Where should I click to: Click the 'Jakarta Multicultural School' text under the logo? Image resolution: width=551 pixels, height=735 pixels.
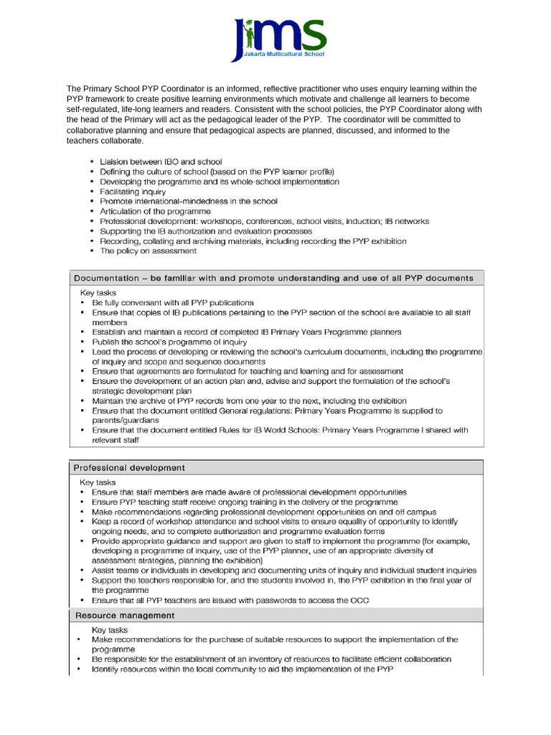283,54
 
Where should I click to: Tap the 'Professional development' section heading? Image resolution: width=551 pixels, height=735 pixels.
129,467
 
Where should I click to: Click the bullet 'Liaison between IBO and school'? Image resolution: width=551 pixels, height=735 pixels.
161,162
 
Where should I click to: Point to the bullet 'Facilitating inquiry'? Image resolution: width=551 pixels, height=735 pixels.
133,192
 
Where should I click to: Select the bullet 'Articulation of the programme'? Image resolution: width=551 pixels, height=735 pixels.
155,212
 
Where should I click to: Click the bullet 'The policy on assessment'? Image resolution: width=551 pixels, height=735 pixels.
148,251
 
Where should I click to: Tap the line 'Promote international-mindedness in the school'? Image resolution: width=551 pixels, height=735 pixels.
188,202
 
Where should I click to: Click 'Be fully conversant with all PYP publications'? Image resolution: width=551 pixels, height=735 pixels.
172,303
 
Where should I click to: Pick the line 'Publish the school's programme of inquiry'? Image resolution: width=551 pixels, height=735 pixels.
169,342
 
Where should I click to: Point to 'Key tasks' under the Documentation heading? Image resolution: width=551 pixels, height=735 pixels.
98,293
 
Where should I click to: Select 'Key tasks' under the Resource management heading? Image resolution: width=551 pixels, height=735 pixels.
110,629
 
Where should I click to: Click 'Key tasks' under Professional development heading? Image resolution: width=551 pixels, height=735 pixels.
98,482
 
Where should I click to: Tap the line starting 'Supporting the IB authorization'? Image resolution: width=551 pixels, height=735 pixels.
206,231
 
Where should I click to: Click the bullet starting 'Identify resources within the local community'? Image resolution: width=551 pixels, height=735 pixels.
242,669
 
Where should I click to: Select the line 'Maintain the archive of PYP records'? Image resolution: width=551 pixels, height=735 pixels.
249,401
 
